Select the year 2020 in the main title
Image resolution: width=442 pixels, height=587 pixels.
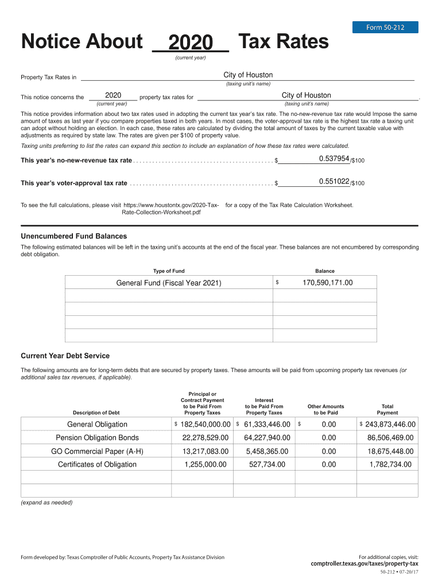191,42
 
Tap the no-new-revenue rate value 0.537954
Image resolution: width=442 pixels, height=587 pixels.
334,159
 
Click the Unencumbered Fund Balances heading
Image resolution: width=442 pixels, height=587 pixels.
74,236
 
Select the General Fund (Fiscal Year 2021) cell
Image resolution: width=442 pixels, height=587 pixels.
168,283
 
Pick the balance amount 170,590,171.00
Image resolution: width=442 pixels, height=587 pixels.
327,283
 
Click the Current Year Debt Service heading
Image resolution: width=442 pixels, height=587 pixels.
65,356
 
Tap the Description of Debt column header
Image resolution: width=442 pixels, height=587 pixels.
96,413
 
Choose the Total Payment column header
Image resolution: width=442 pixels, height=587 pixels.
387,409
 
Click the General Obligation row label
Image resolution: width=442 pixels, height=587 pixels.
97,424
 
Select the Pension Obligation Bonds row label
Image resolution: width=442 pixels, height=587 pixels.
97,438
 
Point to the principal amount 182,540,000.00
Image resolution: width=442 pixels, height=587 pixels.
205,424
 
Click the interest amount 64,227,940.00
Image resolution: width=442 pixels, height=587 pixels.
267,438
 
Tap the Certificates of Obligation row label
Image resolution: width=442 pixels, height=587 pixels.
97,464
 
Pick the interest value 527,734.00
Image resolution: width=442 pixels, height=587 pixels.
267,464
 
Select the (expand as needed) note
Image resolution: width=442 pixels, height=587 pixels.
47,502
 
